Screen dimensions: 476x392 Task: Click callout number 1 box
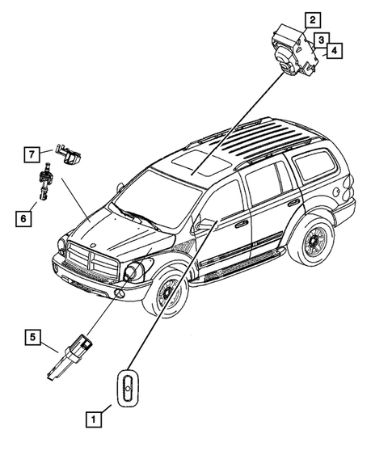95,419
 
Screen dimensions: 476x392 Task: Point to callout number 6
23,217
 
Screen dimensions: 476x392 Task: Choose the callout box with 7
32,153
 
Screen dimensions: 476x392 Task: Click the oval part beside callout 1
127,389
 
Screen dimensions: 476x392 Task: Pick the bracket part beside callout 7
71,154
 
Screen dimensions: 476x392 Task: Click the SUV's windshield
154,198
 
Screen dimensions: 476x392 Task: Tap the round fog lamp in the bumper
120,294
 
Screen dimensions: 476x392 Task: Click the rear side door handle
292,202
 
